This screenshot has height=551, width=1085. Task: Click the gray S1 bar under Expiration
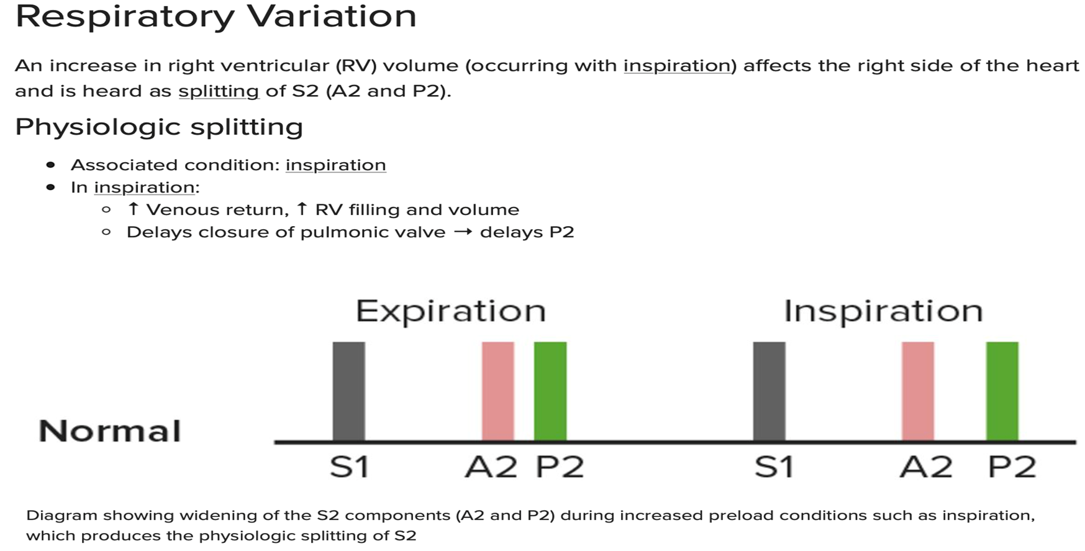click(x=348, y=391)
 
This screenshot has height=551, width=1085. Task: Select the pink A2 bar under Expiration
click(x=497, y=391)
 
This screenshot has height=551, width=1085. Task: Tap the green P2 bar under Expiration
click(x=550, y=391)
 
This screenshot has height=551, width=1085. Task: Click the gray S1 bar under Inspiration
click(x=769, y=391)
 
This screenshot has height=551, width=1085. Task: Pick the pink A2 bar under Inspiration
click(x=917, y=391)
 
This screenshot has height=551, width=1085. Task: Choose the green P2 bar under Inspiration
click(x=1002, y=391)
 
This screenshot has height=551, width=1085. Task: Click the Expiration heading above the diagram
click(x=450, y=311)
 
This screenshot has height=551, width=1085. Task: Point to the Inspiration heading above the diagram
click(x=883, y=311)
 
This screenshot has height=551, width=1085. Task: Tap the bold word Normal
click(x=110, y=431)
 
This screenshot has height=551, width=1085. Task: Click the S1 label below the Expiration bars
click(x=349, y=467)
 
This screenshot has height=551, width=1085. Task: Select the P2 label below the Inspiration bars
click(x=1012, y=467)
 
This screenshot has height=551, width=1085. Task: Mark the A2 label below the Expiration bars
click(x=491, y=467)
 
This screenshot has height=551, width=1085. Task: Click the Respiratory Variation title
click(x=216, y=17)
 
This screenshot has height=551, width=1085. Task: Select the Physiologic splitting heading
click(x=159, y=127)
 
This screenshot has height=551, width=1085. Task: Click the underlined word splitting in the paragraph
click(x=219, y=91)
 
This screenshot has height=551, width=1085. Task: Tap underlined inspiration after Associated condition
click(x=335, y=165)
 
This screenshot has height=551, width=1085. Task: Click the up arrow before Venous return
click(x=132, y=209)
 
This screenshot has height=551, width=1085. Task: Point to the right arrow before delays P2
click(x=463, y=232)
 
